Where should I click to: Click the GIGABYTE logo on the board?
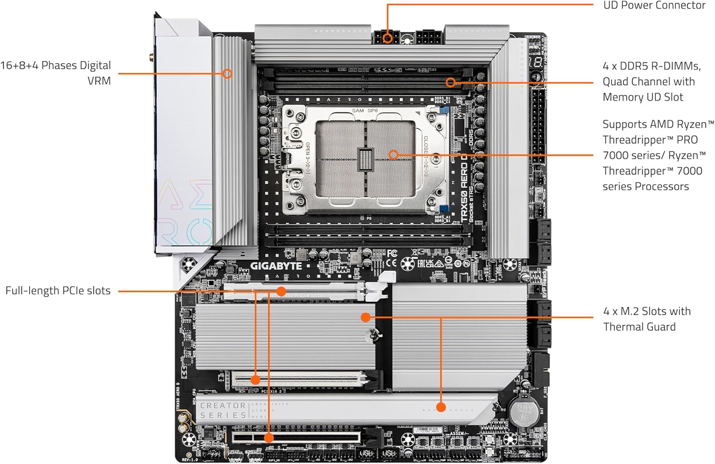click(276, 266)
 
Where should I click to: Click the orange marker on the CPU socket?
click(393, 155)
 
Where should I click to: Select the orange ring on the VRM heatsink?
click(227, 73)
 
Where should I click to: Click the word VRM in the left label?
click(99, 81)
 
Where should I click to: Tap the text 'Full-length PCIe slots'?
click(58, 290)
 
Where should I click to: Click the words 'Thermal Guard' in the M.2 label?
click(639, 327)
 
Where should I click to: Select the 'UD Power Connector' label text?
click(654, 6)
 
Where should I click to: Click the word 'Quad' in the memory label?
click(616, 82)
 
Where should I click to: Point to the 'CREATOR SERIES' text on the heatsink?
click(223, 410)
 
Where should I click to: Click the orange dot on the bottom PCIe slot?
click(269, 437)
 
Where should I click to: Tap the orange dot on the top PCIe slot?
click(281, 291)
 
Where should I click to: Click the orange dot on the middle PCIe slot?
click(255, 380)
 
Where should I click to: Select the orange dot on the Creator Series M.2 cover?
click(441, 407)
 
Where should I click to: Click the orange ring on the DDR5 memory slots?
click(450, 82)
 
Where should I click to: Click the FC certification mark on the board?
click(392, 253)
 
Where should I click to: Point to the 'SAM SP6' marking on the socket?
click(365, 111)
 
